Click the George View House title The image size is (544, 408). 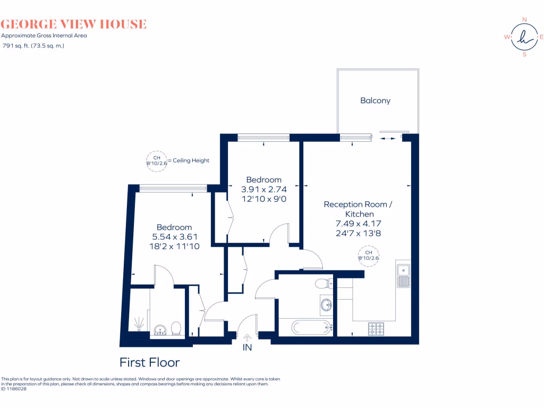[74, 24]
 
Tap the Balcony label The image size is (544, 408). [375, 100]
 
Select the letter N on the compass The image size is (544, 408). [524, 20]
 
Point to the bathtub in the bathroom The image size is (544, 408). [304, 326]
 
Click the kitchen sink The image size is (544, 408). [403, 275]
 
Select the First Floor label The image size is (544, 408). [149, 362]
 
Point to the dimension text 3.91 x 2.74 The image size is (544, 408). [263, 189]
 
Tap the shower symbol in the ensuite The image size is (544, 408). [139, 322]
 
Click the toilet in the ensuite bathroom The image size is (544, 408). [177, 328]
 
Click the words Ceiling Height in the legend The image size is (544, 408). [191, 160]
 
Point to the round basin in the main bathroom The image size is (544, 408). [326, 304]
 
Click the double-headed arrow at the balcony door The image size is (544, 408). [388, 138]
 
